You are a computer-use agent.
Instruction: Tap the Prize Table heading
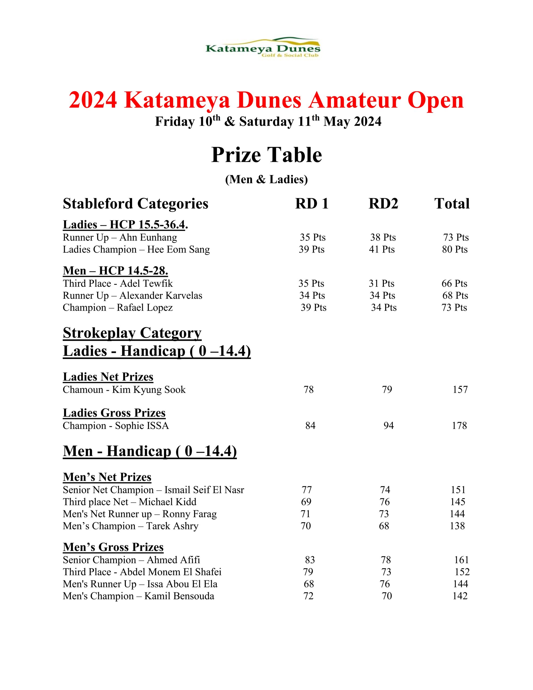[x=266, y=155]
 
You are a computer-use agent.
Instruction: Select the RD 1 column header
[x=312, y=204]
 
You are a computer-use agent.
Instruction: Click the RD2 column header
[x=383, y=204]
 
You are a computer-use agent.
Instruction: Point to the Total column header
[x=452, y=204]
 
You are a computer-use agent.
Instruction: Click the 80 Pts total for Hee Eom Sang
[x=455, y=250]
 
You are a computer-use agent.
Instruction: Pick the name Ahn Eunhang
[x=148, y=237]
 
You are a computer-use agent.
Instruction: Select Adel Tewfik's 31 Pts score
[x=381, y=283]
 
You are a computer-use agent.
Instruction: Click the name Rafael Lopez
[x=145, y=308]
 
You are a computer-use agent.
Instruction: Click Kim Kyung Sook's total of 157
[x=460, y=389]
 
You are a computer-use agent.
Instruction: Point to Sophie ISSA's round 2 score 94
[x=389, y=426]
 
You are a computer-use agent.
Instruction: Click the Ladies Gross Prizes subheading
[x=114, y=413]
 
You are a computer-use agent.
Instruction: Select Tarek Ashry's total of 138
[x=457, y=526]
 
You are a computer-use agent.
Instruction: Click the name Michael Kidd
[x=167, y=502]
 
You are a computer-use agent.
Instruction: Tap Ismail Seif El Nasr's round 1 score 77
[x=307, y=490]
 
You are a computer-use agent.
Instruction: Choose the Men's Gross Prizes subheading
[x=113, y=547]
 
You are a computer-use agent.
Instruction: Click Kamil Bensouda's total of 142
[x=460, y=596]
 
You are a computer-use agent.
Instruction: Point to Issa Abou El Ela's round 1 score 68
[x=309, y=584]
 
